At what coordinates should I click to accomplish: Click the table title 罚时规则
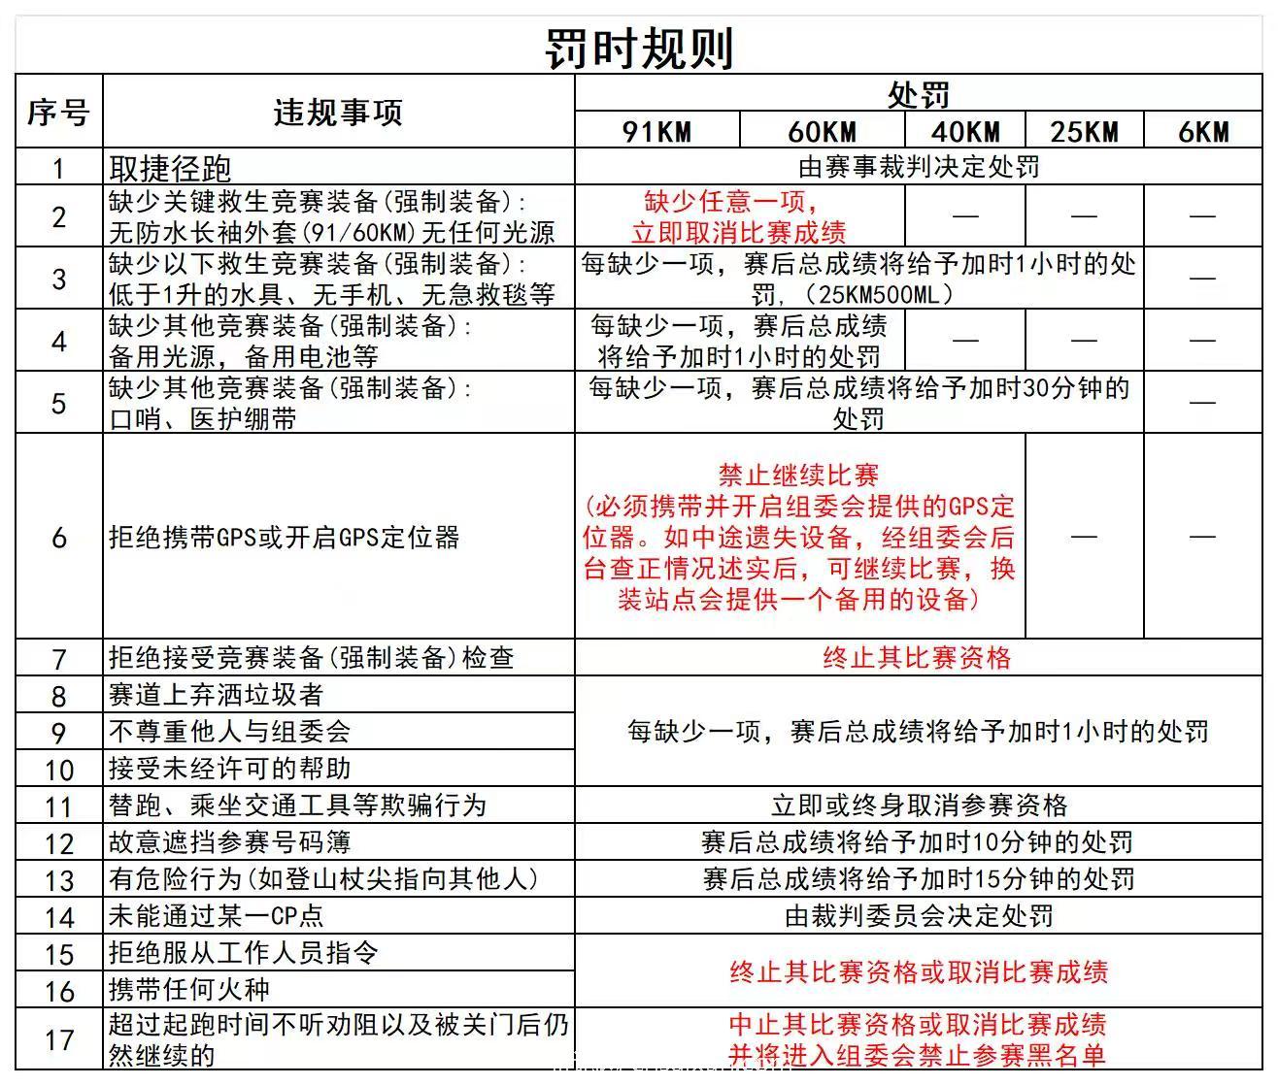click(639, 47)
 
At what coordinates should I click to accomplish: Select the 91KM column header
click(656, 131)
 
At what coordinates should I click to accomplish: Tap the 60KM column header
click(822, 131)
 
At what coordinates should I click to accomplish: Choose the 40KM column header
click(964, 131)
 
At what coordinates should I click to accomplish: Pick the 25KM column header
click(1084, 131)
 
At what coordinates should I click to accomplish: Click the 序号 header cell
click(58, 113)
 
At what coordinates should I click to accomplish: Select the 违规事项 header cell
click(338, 113)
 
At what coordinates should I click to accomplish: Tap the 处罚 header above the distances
click(918, 94)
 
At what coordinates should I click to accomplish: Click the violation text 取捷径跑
click(170, 168)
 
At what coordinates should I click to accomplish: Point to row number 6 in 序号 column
click(58, 538)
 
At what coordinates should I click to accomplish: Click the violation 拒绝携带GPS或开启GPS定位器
click(284, 538)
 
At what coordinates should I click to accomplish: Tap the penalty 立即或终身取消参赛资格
click(919, 806)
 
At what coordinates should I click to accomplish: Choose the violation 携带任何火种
click(189, 990)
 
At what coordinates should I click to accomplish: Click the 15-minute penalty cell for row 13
click(918, 879)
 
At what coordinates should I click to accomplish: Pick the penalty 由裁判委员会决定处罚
click(919, 916)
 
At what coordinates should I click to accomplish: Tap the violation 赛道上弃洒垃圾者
click(216, 695)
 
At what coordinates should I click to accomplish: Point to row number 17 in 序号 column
click(58, 1040)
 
